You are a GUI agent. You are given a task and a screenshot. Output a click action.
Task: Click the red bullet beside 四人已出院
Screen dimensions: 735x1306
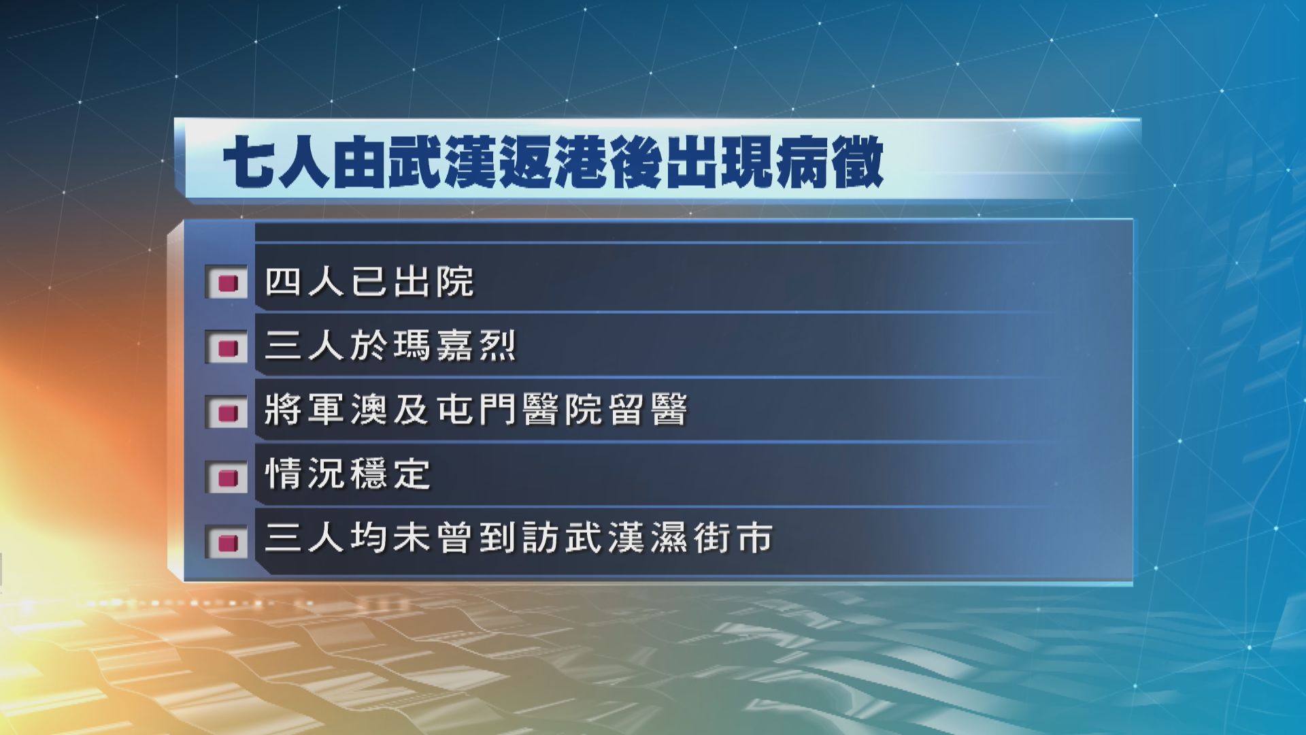pos(228,282)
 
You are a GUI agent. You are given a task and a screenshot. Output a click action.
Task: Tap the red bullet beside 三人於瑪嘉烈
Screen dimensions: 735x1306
pos(228,347)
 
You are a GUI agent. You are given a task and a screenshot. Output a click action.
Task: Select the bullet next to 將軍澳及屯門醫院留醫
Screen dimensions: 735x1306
pos(228,412)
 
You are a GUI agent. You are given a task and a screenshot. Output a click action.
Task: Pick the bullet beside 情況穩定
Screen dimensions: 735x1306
pos(228,476)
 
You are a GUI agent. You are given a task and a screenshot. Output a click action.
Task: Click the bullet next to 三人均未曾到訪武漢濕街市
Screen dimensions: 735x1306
pos(228,541)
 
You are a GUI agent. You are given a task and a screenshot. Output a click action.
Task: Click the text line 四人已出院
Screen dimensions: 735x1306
pos(369,281)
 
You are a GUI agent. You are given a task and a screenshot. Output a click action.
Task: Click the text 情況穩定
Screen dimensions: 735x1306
pos(348,474)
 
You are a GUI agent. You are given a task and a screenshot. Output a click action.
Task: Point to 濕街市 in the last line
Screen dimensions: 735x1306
pos(711,538)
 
